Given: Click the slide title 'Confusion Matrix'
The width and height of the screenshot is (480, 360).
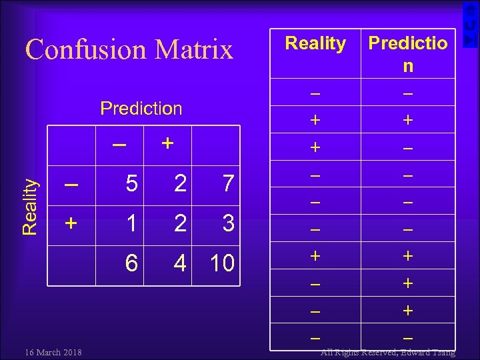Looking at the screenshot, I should pos(129,49).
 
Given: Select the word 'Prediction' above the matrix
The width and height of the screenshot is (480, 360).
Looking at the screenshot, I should pos(141,108).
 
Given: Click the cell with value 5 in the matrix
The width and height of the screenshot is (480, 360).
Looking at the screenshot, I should pos(132,183).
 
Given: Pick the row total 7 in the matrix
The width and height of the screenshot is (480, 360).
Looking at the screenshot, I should pos(228,183).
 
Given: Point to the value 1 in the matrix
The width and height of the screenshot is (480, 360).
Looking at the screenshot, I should pos(132,223).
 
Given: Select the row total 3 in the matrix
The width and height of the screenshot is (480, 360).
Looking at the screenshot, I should pos(228,223).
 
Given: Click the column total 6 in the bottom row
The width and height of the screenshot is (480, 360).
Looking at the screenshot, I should pos(132,263).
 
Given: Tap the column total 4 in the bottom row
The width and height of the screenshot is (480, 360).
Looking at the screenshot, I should pos(179,263).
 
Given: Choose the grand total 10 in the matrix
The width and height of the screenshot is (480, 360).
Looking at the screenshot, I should pos(222,263).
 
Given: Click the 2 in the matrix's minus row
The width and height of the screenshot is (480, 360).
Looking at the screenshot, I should pos(179,183).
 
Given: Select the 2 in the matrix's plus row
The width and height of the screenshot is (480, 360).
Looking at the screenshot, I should pos(179,223).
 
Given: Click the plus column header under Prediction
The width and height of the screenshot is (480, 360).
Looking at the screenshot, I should pos(167,143).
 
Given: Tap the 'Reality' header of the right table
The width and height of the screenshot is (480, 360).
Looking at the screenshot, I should pos(315,44).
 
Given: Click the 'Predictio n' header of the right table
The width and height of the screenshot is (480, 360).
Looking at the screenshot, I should pos(407,54).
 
